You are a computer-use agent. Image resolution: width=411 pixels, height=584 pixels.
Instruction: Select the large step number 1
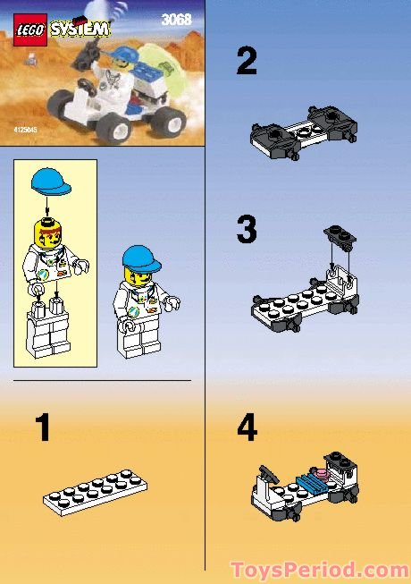tap(42, 429)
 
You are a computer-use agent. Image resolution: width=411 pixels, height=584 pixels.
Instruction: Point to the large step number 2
tap(247, 62)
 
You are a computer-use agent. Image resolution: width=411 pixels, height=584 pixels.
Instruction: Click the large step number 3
tap(247, 230)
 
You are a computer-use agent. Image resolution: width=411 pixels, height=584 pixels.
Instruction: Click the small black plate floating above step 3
tap(339, 234)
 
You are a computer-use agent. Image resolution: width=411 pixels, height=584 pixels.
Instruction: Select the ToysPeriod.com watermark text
tap(319, 569)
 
